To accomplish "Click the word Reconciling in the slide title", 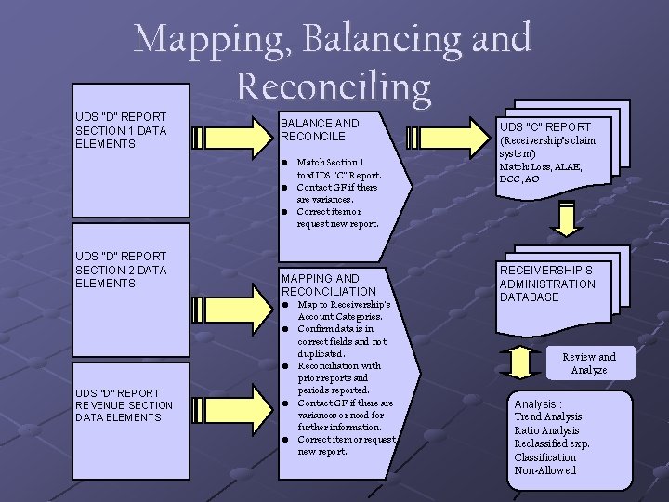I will coord(334,86).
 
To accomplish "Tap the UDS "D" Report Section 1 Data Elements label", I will coord(121,131).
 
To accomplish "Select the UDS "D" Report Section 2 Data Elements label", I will coord(121,270).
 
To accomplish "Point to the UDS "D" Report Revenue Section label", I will coord(124,405).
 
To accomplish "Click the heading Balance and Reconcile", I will coord(320,130).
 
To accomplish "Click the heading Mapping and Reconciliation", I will coord(328,284).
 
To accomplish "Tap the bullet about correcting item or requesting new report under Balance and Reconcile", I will coord(337,218).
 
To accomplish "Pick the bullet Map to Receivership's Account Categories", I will coord(344,310).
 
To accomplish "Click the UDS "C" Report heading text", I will coord(544,127).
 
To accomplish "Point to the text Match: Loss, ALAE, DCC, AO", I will coord(533,173).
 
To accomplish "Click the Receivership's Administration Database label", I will coord(547,284).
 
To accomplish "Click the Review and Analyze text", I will coord(588,363).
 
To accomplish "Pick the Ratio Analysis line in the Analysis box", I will coord(546,430).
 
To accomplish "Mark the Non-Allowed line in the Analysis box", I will coord(544,470).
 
